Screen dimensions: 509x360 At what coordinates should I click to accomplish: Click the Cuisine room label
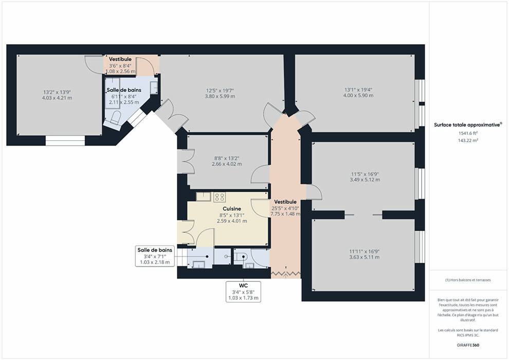click(x=232, y=208)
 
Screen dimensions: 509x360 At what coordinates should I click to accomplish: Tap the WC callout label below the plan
click(x=244, y=285)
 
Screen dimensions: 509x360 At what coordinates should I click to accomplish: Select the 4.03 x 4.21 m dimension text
click(x=57, y=98)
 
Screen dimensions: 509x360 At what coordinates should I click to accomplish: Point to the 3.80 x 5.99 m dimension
click(x=220, y=96)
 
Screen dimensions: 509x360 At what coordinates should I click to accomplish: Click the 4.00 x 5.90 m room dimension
click(x=358, y=96)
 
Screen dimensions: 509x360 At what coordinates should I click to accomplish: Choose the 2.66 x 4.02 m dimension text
click(x=227, y=164)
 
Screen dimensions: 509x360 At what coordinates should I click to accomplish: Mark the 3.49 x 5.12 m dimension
click(x=365, y=179)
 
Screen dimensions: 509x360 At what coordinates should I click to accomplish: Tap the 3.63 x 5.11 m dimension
click(x=365, y=257)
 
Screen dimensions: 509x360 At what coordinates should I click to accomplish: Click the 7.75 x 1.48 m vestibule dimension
click(x=285, y=214)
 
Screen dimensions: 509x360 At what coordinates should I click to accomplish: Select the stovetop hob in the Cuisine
click(x=220, y=197)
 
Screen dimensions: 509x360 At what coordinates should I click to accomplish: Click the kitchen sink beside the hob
click(x=204, y=196)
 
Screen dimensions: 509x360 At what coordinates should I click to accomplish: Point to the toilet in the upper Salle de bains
click(x=115, y=117)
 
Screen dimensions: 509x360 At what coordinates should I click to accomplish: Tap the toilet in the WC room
click(x=241, y=257)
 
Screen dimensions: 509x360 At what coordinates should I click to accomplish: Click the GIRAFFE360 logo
click(x=468, y=345)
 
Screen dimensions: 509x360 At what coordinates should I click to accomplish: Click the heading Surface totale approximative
click(x=468, y=124)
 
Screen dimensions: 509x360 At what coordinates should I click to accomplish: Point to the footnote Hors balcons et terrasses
click(x=468, y=280)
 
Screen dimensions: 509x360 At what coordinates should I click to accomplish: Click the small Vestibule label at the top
click(x=120, y=59)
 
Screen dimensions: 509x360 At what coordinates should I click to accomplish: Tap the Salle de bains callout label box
click(x=155, y=256)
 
